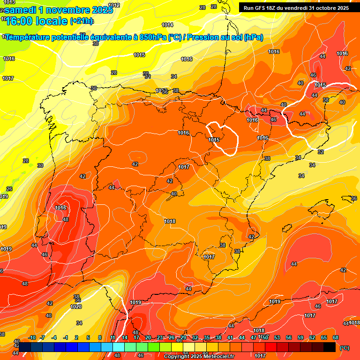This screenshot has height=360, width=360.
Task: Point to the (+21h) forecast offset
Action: (82, 21)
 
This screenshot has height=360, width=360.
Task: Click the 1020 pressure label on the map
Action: (76, 307)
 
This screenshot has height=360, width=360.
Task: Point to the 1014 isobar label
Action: (167, 25)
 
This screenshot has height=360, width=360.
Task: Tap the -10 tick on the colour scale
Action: (32, 337)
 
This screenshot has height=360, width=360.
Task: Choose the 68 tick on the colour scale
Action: (336, 337)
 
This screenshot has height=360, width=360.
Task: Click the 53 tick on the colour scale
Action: (277, 337)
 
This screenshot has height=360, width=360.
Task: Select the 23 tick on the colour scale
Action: (160, 337)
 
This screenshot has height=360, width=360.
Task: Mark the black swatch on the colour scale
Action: (330, 347)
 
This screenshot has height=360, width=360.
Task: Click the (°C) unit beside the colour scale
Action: (345, 347)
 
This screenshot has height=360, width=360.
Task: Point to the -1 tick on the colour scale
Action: (66, 337)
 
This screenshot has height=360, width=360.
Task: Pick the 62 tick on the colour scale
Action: (312, 337)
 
